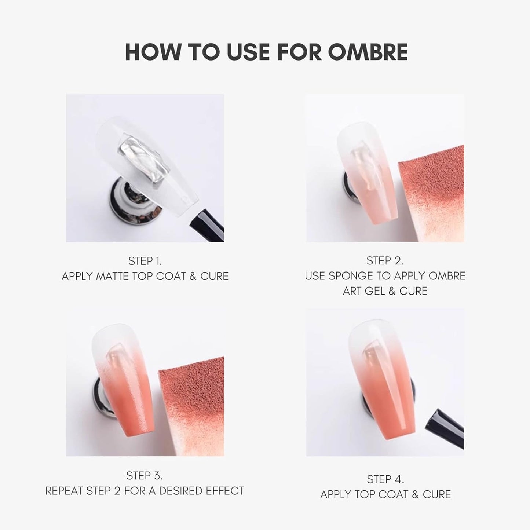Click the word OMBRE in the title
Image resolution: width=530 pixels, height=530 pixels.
pos(368,52)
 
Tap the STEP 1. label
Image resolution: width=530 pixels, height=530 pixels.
pos(145,261)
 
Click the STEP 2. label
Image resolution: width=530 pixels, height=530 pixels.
pos(385,261)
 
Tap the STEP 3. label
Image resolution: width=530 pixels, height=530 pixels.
pos(144,476)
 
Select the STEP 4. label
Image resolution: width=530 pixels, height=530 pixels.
pos(385,479)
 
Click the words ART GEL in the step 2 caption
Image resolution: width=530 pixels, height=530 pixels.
pos(364,291)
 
